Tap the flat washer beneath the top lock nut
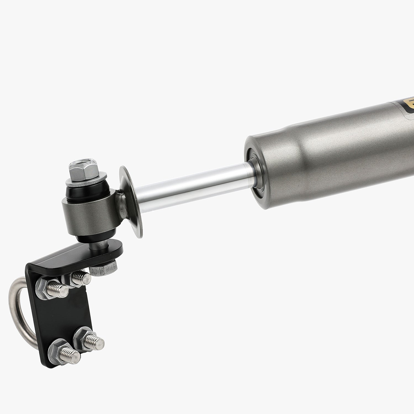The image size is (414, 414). pos(86,181)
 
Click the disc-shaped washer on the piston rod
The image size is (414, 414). pos(131,201)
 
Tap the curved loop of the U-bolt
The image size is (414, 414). pos(17,309)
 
